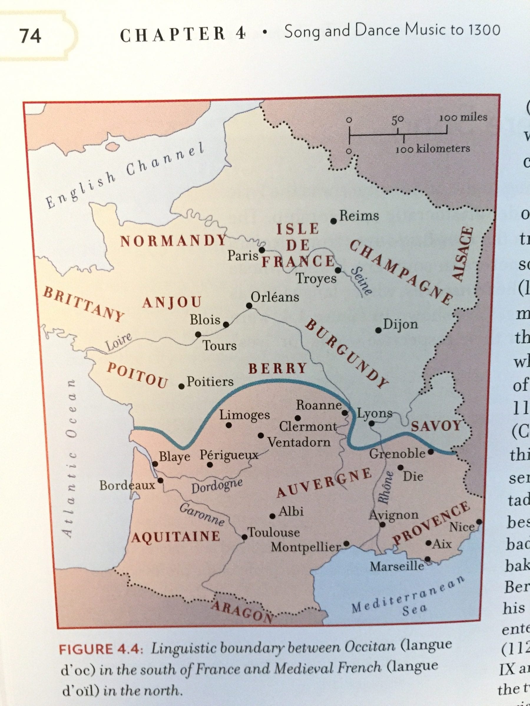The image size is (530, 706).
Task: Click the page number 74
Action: [x=31, y=35]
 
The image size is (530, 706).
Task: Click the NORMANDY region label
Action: [x=173, y=241]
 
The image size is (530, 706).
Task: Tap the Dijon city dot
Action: [x=379, y=330]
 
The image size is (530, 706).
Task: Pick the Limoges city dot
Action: [x=229, y=425]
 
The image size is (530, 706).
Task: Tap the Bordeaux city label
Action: [x=127, y=485]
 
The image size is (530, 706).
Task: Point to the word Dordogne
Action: [x=217, y=486]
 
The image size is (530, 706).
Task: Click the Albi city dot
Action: [x=272, y=516]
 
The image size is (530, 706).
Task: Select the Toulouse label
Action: [x=274, y=532]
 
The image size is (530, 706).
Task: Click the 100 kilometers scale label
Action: [x=433, y=149]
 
